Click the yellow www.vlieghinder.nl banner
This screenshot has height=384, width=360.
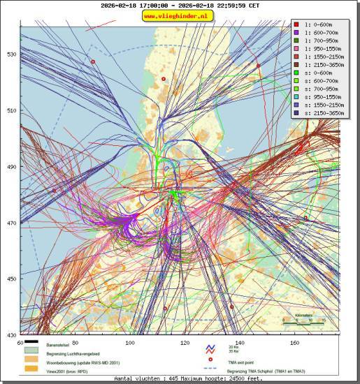pos(178,16)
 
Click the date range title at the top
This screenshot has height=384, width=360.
pos(180,5)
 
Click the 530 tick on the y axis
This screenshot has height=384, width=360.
pos(11,54)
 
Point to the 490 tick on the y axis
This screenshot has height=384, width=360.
pos(11,167)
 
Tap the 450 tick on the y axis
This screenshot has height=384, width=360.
pos(11,279)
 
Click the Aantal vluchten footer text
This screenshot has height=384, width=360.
pos(178,378)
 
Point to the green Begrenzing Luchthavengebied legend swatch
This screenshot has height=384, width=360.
pos(31,354)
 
